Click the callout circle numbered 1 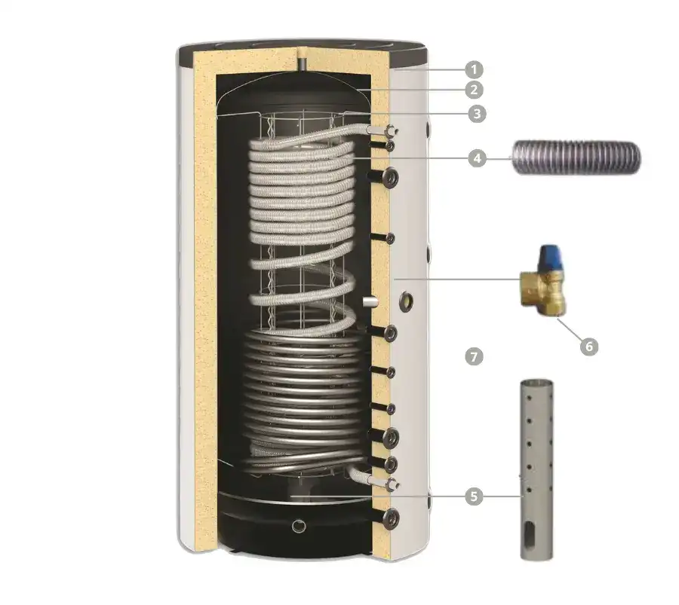click(x=473, y=70)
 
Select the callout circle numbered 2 click(x=473, y=90)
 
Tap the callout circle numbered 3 click(x=475, y=114)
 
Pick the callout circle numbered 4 click(x=475, y=158)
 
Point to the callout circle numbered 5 click(x=473, y=496)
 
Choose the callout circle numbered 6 click(x=589, y=346)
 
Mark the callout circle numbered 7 click(x=473, y=356)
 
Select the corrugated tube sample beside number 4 click(x=575, y=157)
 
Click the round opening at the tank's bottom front click(x=300, y=525)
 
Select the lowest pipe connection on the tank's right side click(x=392, y=516)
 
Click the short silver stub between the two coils click(x=370, y=301)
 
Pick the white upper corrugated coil click(x=302, y=196)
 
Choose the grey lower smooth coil click(x=302, y=392)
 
